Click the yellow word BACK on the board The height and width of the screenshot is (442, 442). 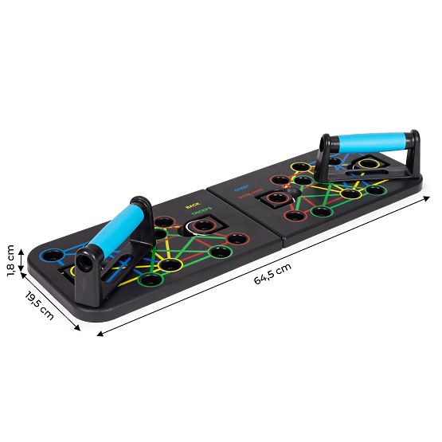click(192, 205)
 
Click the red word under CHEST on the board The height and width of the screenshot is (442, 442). click(245, 196)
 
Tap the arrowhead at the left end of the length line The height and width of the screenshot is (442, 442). click(99, 334)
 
